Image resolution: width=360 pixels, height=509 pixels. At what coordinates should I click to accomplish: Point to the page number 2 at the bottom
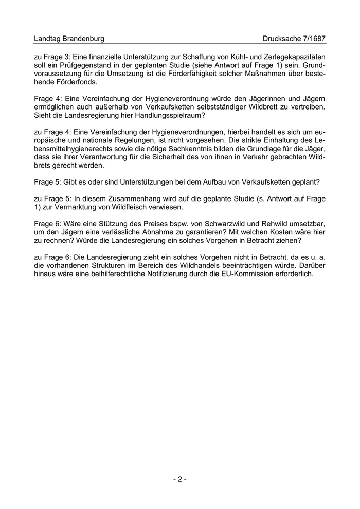[179, 479]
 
